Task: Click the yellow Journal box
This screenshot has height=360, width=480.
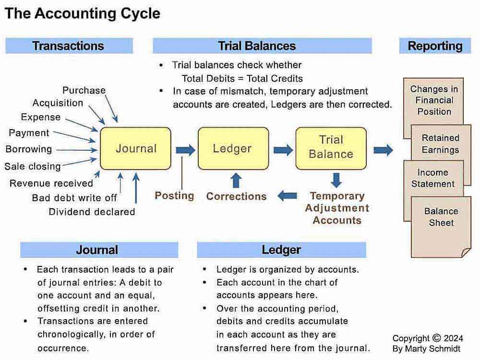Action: coord(136,148)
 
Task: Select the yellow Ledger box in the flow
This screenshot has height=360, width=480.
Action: coord(233,148)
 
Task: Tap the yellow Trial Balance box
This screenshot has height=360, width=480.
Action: coord(331,148)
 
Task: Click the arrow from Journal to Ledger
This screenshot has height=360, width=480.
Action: coord(185,150)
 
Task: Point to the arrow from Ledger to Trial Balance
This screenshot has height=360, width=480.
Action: coord(283,150)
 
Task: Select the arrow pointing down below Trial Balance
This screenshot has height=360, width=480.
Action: coord(336,180)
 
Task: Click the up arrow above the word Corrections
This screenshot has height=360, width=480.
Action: coord(236,180)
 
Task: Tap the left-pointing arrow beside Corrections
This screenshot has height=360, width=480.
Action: coord(287,196)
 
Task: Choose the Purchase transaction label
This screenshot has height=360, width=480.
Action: coord(84,90)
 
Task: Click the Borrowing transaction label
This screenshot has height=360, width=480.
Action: coord(29,149)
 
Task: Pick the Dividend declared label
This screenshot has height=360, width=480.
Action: coord(92,212)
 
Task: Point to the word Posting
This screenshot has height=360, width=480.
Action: coord(174,196)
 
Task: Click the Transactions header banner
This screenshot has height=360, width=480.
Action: coord(69,46)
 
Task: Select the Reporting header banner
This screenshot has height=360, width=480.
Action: coord(435,46)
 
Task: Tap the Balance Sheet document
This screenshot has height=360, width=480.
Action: coord(441,227)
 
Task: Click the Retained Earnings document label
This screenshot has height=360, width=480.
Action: coord(441,144)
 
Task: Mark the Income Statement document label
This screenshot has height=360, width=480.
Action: coord(433,178)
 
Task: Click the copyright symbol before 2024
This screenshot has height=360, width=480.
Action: coord(437,338)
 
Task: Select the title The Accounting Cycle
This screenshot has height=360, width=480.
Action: coord(83,13)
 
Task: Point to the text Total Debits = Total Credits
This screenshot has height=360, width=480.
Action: coord(242,79)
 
